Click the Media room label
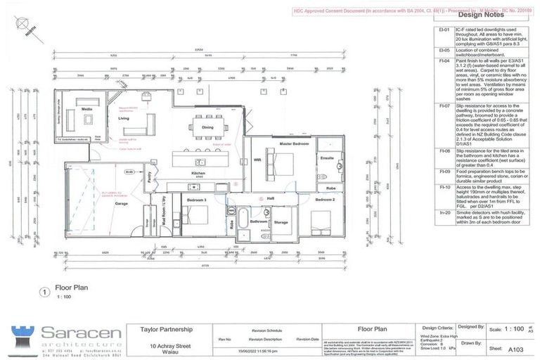click(87, 110)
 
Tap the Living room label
click(124, 119)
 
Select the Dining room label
click(208, 127)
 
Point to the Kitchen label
click(198, 173)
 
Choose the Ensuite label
click(327, 158)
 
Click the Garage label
click(121, 202)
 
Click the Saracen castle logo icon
click(23, 335)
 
